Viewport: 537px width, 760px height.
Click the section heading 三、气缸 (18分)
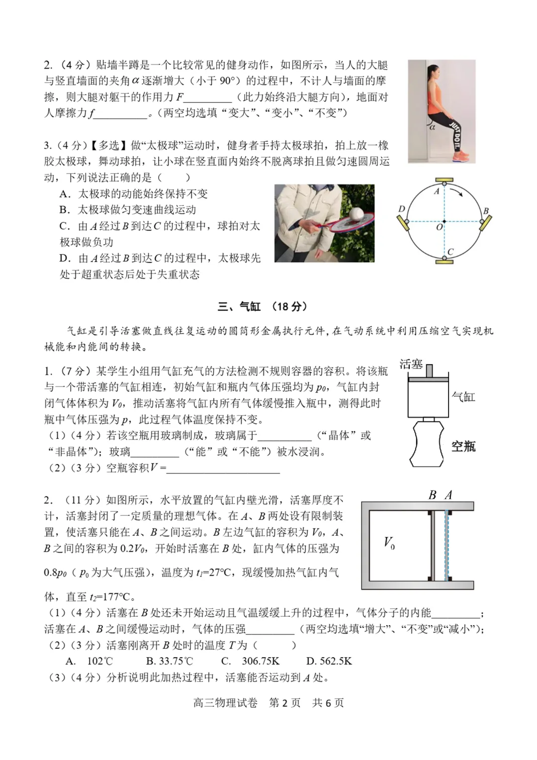pos(262,306)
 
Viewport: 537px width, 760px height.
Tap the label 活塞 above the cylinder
pos(411,364)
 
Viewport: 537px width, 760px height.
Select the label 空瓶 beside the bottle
pos(463,446)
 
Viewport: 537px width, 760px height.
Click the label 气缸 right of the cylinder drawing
pos(463,396)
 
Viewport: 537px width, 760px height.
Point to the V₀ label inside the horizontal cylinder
pos(389,543)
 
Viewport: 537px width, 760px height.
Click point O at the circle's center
pos(440,227)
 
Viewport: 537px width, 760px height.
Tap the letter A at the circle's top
pos(437,191)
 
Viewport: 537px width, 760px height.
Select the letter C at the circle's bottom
pos(450,252)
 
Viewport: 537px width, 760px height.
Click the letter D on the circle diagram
pos(402,209)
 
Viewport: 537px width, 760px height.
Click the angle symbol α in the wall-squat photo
pos(432,127)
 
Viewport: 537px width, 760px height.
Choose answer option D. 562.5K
pos(329,661)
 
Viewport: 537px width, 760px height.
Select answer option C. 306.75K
pos(251,661)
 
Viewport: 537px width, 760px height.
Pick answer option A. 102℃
pos(89,661)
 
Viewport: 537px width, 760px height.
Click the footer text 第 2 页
pos(284,703)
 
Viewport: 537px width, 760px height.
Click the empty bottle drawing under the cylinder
pos(426,443)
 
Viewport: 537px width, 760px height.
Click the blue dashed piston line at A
pos(447,545)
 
